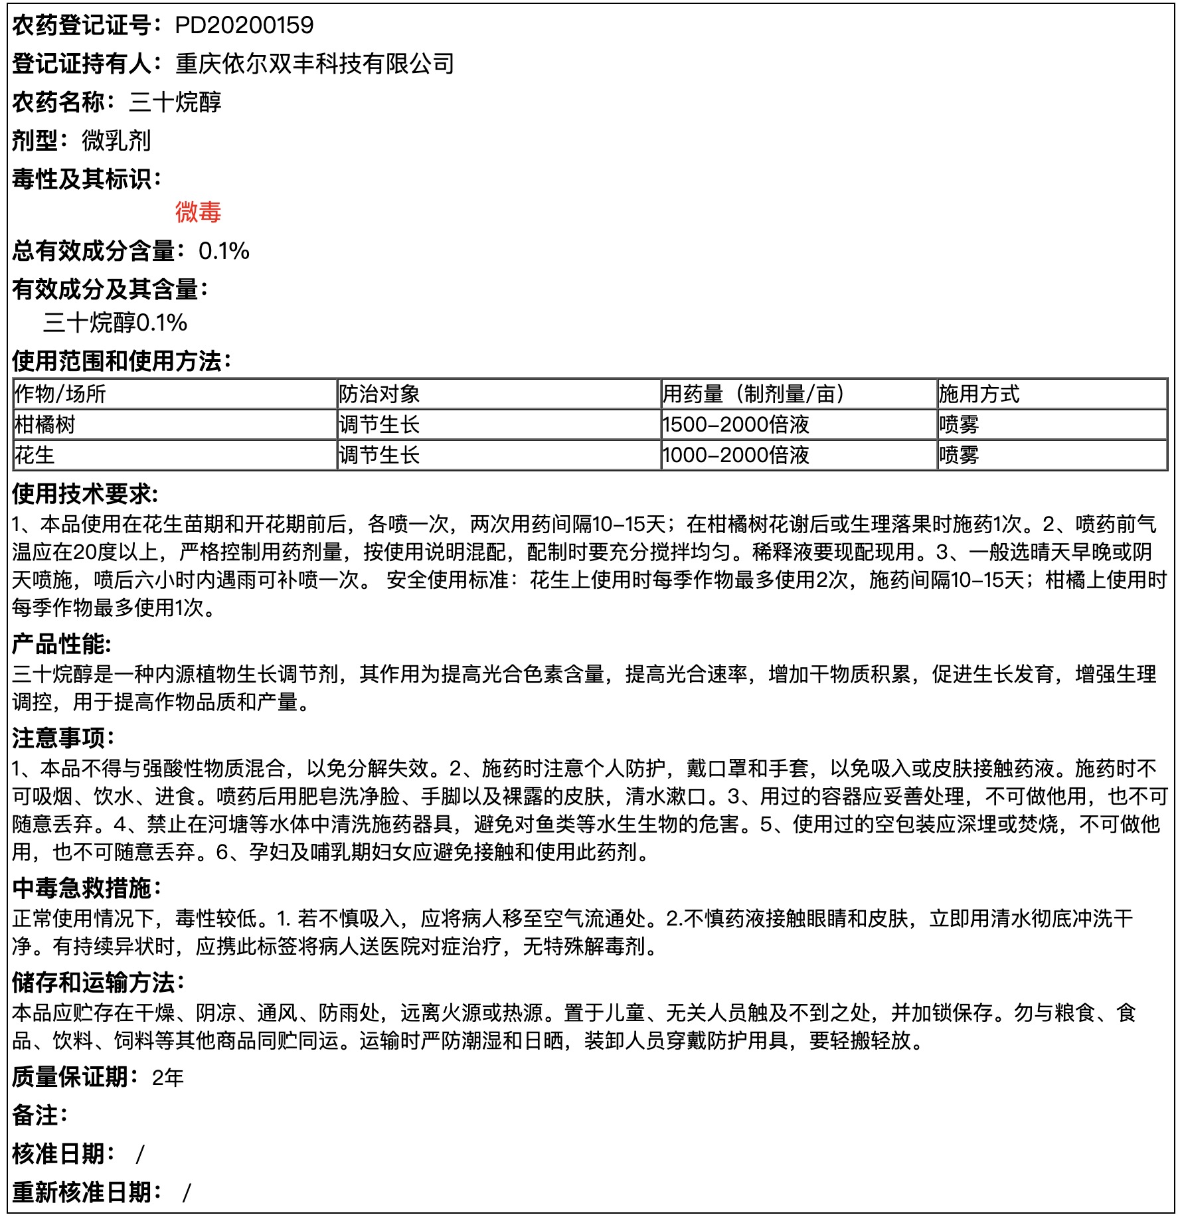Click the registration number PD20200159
click(244, 25)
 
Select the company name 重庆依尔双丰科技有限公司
click(315, 64)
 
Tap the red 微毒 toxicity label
click(198, 212)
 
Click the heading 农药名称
click(59, 102)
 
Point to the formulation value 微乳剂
click(116, 141)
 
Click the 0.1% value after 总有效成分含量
click(224, 251)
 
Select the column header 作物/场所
click(60, 394)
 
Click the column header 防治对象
click(379, 394)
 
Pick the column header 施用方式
click(979, 394)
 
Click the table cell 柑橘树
click(45, 424)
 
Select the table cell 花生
click(35, 455)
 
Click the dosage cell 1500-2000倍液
click(736, 424)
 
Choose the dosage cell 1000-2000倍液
click(736, 455)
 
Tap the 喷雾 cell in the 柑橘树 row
click(959, 424)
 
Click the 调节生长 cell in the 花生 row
click(379, 455)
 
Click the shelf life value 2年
click(167, 1077)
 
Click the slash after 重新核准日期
click(187, 1192)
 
